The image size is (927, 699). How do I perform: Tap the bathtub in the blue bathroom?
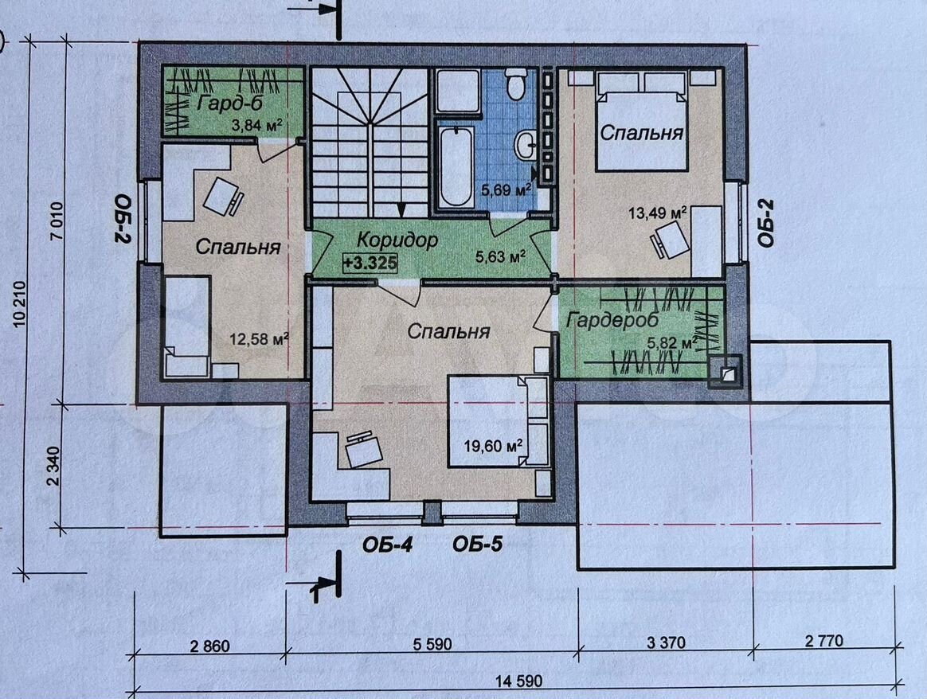456,166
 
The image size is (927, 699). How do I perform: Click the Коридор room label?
397,240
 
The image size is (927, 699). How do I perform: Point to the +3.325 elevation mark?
370,263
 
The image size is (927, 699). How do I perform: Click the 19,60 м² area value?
493,446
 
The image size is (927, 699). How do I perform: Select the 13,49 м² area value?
657,213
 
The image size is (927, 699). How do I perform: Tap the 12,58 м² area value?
259,339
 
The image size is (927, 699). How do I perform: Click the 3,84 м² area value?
256,125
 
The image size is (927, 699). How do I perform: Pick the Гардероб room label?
612,320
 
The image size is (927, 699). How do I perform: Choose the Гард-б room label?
230,103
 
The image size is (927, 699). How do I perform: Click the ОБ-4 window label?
387,545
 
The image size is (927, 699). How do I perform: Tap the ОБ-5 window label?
478,545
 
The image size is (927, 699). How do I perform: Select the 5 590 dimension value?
432,643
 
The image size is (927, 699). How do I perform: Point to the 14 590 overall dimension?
518,681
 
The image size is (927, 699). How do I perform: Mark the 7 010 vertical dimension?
57,221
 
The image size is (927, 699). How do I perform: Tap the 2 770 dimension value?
824,641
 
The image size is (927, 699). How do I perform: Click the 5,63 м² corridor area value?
501,256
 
